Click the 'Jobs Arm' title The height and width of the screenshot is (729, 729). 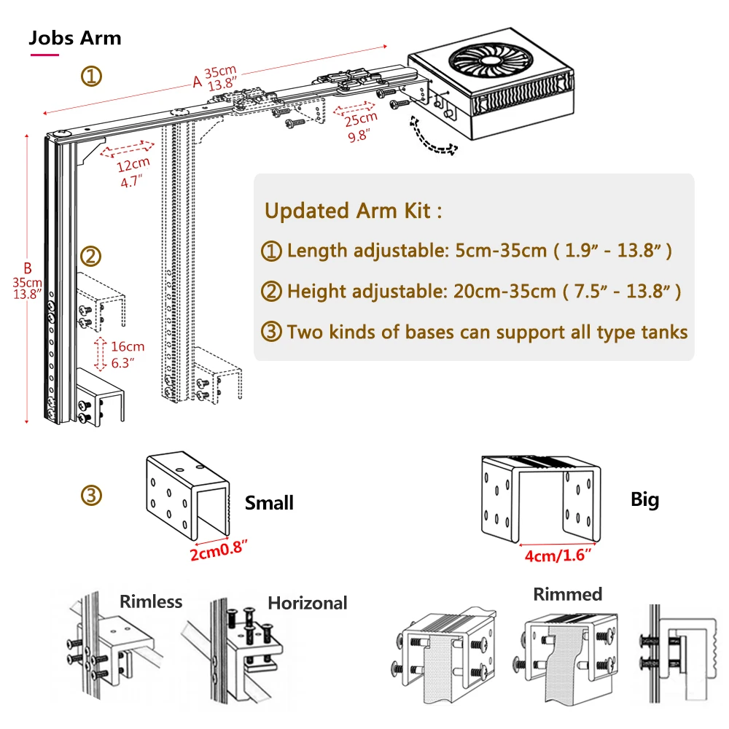pos(75,38)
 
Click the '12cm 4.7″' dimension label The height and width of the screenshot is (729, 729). pos(133,173)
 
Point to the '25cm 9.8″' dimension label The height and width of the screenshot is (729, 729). pos(360,125)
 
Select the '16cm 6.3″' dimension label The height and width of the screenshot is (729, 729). pos(128,354)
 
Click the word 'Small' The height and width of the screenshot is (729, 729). pos(269,503)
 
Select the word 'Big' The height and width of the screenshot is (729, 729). pos(644,499)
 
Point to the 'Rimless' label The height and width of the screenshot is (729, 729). pos(151,601)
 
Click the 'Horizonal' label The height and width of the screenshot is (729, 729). pos(308,603)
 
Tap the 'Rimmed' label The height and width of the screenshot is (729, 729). pos(568,594)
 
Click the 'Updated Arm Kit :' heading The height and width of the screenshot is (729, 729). pos(353,211)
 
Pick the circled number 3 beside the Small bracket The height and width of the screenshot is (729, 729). pos(91,496)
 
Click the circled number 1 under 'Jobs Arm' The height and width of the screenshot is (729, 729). pos(91,76)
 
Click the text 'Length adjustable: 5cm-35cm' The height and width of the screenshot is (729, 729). pos(416,251)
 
